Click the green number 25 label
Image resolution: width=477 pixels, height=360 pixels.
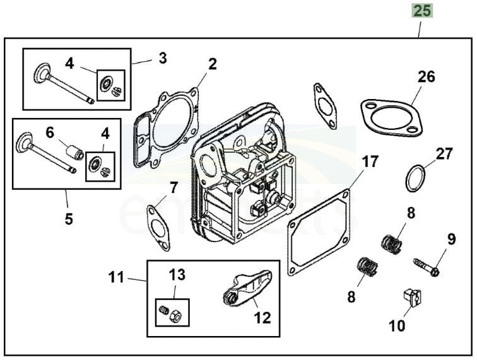[x=422, y=11]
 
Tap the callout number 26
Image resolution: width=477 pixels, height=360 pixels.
[x=427, y=77]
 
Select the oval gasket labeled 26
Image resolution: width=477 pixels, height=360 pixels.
[x=391, y=117]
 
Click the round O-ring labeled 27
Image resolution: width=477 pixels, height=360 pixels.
[x=415, y=178]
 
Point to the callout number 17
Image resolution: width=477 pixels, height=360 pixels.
[x=370, y=161]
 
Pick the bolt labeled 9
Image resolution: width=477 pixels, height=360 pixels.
[x=425, y=266]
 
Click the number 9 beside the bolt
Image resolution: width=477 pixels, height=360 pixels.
[x=451, y=240]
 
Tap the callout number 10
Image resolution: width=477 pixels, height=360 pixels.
[x=397, y=325]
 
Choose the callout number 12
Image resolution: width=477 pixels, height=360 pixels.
[x=262, y=317]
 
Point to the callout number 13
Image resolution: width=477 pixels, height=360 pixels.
[x=177, y=274]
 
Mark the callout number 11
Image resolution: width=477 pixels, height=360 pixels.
[x=117, y=277]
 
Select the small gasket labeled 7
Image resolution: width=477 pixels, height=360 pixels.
[x=158, y=228]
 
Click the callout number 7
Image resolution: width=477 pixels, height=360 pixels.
[x=174, y=187]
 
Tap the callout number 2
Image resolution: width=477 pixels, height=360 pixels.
[x=213, y=64]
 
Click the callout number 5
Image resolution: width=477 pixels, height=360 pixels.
[x=68, y=219]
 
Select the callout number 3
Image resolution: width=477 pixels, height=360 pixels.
[x=163, y=59]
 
